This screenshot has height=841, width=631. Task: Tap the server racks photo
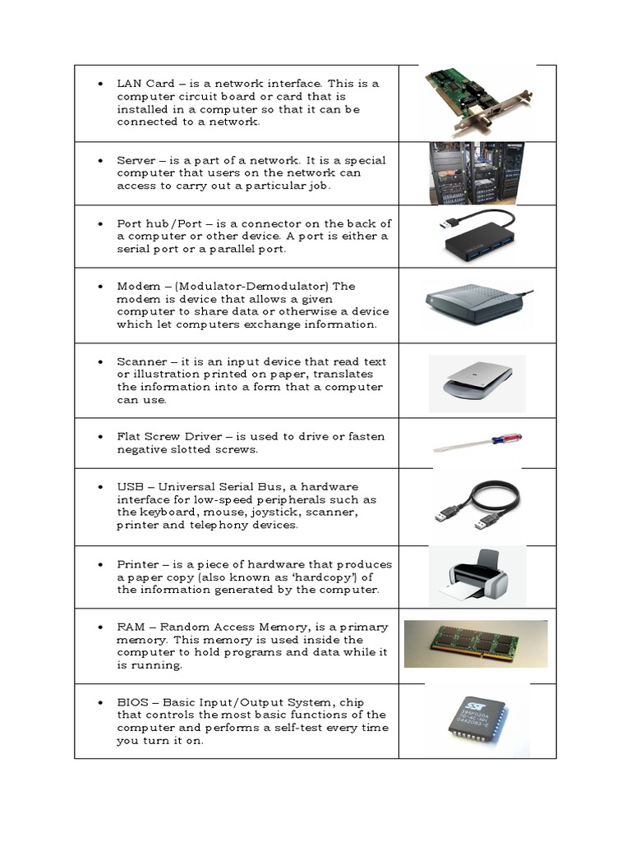click(x=465, y=172)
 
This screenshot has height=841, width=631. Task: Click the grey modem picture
click(x=475, y=304)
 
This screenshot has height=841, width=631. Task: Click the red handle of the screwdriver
click(x=506, y=441)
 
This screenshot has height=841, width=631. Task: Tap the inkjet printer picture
click(x=477, y=574)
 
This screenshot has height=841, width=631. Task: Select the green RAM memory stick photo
click(x=475, y=645)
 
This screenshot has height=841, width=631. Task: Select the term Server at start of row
click(x=136, y=160)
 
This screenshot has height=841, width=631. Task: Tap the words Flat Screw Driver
click(x=168, y=437)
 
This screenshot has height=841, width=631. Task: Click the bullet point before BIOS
click(x=99, y=703)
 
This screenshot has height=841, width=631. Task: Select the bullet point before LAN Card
click(x=99, y=85)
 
